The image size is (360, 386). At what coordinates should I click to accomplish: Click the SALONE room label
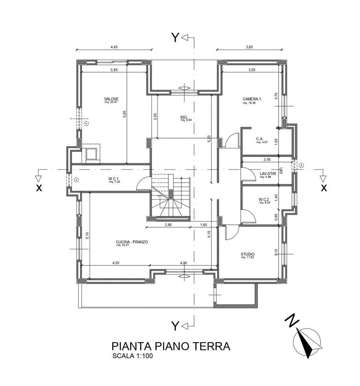[x=111, y=99]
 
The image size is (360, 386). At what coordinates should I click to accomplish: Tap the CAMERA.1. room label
[x=252, y=99]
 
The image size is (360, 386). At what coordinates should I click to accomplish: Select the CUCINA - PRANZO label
[x=132, y=242]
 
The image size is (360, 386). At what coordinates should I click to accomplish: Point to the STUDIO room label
[x=248, y=254]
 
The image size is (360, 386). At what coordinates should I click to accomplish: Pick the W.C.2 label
[x=264, y=199]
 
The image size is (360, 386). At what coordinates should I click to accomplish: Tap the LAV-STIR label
[x=267, y=174]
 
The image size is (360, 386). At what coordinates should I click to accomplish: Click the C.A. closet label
[x=259, y=139]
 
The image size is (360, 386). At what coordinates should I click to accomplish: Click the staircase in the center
[x=170, y=197]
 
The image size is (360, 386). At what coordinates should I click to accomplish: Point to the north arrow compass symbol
[x=306, y=342]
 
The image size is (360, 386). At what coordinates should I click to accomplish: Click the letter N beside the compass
[x=291, y=320]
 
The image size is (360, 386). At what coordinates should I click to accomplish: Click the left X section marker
[x=39, y=187]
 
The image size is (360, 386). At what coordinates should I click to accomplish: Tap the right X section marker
[x=324, y=187]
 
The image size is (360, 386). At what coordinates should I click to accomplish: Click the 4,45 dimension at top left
[x=114, y=47]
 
